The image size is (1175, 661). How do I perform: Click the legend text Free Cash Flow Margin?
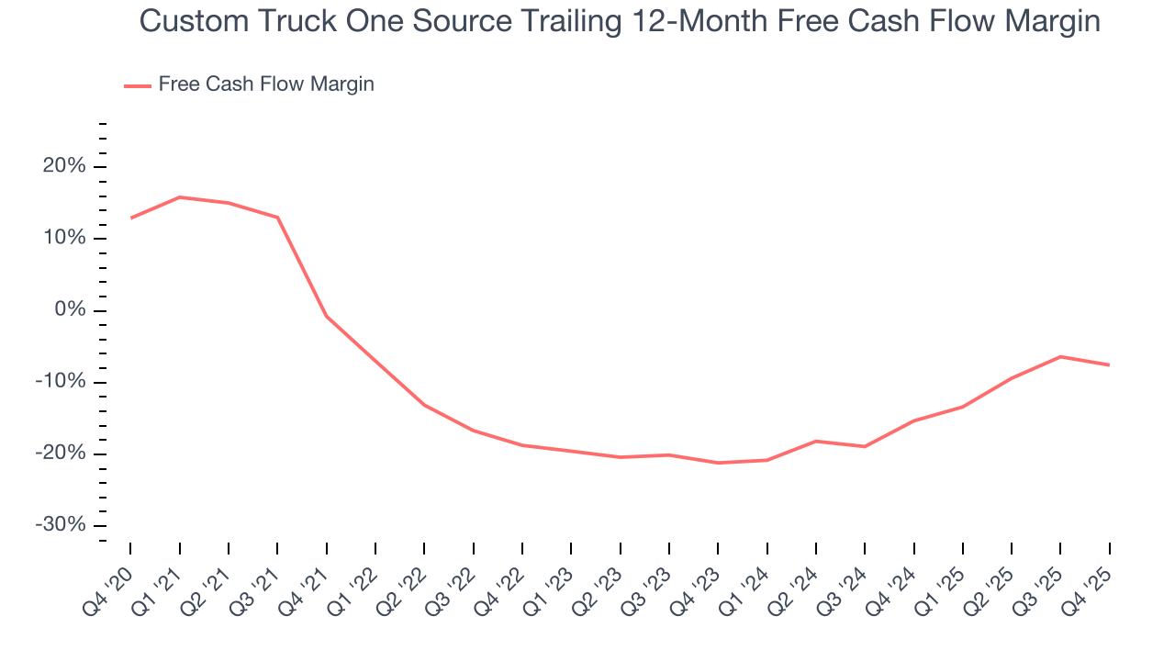[266, 84]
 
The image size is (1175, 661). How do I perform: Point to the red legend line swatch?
[137, 86]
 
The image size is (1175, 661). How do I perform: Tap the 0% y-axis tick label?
[70, 310]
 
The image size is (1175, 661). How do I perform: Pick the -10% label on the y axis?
[61, 382]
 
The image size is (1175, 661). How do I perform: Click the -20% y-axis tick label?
[61, 454]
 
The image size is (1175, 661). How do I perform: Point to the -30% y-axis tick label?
[61, 525]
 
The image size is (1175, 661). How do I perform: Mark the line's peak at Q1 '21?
[179, 197]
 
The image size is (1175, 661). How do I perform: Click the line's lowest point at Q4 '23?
[718, 463]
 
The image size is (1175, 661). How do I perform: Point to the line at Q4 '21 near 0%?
[326, 317]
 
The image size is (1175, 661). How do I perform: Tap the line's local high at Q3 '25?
[1060, 356]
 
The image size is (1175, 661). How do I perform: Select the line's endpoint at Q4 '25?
[1109, 365]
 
